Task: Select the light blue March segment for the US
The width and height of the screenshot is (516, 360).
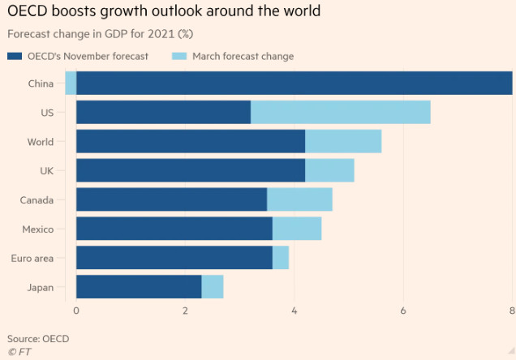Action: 340,113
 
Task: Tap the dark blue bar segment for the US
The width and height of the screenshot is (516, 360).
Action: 163,113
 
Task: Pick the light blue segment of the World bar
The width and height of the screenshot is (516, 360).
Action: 343,142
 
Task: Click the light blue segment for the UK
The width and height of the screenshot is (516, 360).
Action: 329,170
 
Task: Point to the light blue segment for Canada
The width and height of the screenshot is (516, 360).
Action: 299,199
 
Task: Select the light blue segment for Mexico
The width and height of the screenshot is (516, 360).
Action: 297,229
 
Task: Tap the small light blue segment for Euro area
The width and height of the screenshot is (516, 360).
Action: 281,257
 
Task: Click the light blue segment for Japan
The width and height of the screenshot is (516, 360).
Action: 213,286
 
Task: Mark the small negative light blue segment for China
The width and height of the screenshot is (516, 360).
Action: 71,84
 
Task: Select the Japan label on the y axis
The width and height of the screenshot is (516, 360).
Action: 40,287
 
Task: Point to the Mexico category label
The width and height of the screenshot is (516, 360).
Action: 37,229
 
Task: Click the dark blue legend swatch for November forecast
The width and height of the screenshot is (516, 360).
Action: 15,56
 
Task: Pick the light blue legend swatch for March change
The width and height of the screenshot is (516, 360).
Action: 179,56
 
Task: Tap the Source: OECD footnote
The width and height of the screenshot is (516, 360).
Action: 38,337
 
